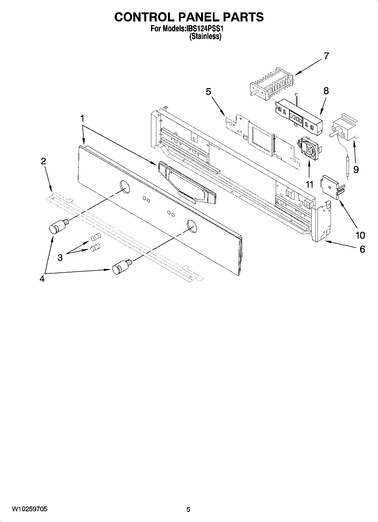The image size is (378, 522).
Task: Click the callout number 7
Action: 326,56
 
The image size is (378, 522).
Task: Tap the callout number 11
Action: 309,184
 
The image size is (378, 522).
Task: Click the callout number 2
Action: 43,161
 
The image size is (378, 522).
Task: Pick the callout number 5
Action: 208,92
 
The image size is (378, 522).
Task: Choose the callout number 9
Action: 356,169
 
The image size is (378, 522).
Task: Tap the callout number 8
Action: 326,91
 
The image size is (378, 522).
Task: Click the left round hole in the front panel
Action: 124,187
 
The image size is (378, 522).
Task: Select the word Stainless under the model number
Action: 205,36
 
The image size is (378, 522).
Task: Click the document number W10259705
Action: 30,509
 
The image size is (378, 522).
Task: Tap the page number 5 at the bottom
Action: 188,510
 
